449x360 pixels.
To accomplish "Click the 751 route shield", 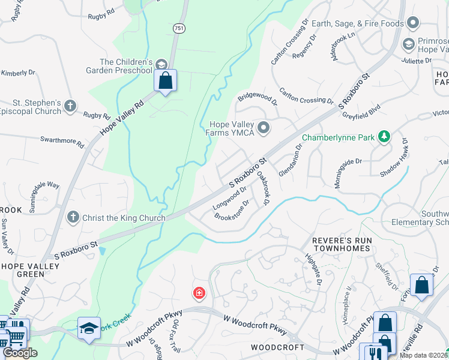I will point(178,28).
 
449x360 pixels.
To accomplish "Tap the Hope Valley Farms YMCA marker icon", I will point(263,127).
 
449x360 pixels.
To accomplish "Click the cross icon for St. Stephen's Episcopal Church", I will point(70,106).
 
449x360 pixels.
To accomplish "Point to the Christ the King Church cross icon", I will point(73,217).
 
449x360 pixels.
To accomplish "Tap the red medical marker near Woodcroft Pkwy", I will point(199,293).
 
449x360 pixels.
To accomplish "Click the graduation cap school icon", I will point(89,328).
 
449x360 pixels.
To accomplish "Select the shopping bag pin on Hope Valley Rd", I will point(165,80).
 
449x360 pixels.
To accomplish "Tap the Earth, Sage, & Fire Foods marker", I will point(412,23).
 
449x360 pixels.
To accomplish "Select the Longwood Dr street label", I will point(230,198).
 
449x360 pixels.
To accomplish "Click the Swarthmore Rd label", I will point(62,142).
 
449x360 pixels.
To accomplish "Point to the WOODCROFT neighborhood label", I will point(274,348).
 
